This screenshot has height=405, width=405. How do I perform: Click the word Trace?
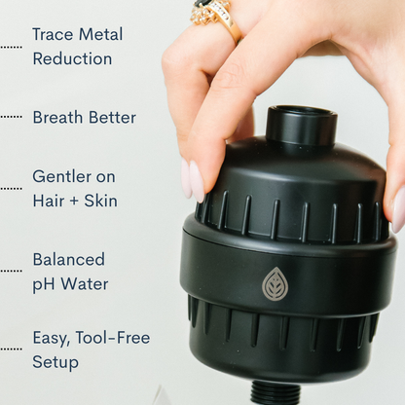[53, 34]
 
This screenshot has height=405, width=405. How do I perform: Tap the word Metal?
[100, 34]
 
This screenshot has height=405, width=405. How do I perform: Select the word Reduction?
[72, 58]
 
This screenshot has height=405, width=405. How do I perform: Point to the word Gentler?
[61, 176]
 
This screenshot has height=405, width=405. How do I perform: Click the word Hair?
[48, 201]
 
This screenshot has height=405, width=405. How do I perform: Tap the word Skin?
[100, 201]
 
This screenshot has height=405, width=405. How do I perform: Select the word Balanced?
[68, 260]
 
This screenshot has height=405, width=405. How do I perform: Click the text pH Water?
[70, 284]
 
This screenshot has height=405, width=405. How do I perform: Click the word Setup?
[55, 362]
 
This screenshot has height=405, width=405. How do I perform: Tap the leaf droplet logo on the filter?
[275, 283]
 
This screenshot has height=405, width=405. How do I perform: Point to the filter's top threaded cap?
[301, 125]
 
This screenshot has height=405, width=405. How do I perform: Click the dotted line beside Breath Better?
[11, 117]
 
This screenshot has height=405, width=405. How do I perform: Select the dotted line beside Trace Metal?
[11, 46]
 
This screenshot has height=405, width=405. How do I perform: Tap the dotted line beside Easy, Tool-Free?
[11, 349]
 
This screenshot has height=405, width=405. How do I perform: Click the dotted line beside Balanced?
[11, 272]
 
